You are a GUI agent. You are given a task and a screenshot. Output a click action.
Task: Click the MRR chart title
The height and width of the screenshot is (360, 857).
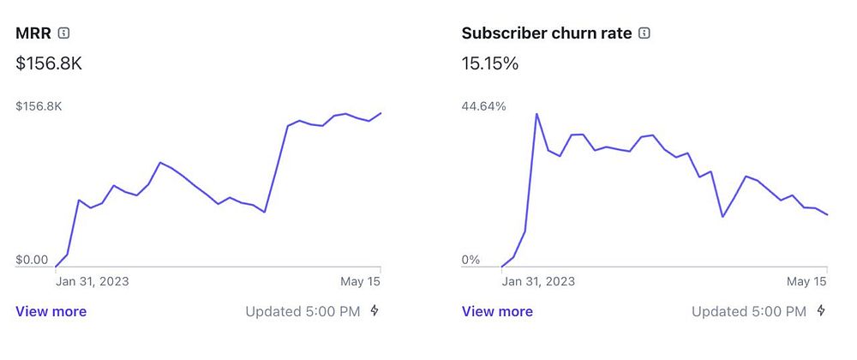(33, 33)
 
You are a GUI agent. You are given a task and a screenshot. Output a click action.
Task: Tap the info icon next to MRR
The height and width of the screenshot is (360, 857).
(64, 33)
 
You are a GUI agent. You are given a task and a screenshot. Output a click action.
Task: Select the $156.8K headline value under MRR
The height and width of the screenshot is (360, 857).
(49, 63)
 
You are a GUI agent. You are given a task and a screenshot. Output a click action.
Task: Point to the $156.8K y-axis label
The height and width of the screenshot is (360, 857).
(39, 106)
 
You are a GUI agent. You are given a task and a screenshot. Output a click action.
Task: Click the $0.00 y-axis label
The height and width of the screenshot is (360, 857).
(32, 260)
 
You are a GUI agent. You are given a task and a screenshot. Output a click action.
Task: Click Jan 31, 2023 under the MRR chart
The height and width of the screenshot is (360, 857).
(93, 280)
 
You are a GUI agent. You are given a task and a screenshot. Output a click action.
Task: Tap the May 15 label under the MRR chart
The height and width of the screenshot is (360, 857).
(361, 280)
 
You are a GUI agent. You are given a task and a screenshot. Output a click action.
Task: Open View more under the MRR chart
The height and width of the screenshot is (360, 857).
(51, 311)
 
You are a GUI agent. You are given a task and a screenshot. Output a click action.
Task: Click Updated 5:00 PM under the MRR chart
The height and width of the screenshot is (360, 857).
(303, 311)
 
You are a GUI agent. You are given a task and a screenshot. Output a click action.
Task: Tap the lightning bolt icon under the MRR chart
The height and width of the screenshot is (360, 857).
(375, 310)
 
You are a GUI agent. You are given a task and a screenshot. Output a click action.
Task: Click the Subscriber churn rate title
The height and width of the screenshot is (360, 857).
(546, 33)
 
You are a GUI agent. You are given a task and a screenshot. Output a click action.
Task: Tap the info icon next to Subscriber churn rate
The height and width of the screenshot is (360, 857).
(644, 33)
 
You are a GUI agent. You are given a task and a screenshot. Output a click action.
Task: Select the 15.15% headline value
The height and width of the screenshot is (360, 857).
(490, 63)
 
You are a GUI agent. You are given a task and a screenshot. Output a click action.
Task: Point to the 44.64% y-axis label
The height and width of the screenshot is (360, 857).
(484, 106)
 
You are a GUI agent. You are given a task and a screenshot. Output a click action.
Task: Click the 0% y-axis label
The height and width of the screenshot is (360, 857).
(471, 260)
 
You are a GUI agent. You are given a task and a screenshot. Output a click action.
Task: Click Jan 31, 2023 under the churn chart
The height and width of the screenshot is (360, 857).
(538, 280)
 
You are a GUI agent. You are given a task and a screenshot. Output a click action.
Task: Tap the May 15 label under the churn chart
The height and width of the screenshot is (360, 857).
(806, 280)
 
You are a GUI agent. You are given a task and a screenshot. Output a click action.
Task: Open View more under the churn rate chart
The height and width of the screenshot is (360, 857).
(497, 311)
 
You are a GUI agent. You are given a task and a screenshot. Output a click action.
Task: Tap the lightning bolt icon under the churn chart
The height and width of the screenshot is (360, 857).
(821, 310)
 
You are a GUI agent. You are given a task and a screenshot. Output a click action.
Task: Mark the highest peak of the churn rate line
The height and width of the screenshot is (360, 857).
(536, 113)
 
